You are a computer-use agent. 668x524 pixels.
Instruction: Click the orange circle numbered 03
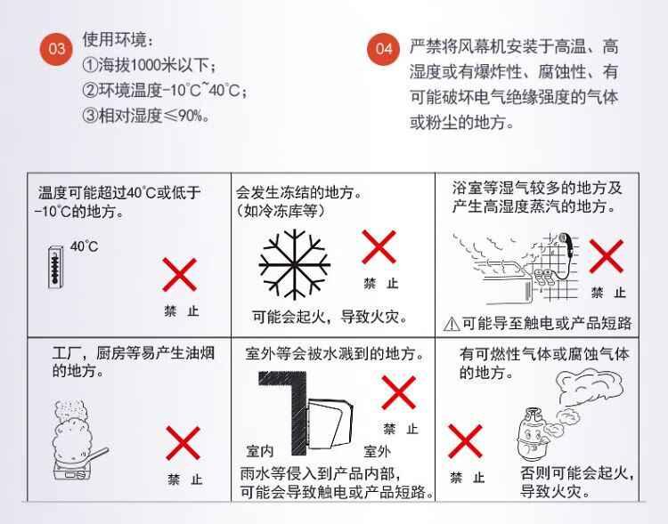pos(57,49)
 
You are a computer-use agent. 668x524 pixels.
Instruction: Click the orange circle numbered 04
pos(383,49)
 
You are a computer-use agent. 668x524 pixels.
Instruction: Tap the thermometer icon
pos(55,267)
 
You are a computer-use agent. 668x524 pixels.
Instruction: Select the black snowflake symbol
pos(295,265)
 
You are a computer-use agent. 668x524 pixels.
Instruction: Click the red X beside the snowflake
pos(379,247)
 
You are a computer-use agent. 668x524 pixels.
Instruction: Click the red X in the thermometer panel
pos(179,275)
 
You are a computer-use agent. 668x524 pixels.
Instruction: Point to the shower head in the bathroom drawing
pos(564,239)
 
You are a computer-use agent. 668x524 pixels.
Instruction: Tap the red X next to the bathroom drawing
pos(607,256)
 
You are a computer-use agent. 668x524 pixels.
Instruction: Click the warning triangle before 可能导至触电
pos(452,325)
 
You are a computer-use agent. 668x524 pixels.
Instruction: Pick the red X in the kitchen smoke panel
pos(183,443)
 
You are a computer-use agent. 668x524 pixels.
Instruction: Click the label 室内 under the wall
pos(260,451)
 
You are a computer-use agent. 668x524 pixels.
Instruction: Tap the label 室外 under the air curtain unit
pos(377,451)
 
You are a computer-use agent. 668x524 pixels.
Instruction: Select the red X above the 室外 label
pos(399,392)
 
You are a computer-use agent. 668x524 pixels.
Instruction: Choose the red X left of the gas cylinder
pos(465,441)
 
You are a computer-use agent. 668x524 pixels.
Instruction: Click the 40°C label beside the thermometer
pos(84,246)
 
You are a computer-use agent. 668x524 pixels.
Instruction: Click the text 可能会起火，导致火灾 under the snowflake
pos(330,317)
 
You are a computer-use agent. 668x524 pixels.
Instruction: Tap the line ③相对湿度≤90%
pos(145,116)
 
